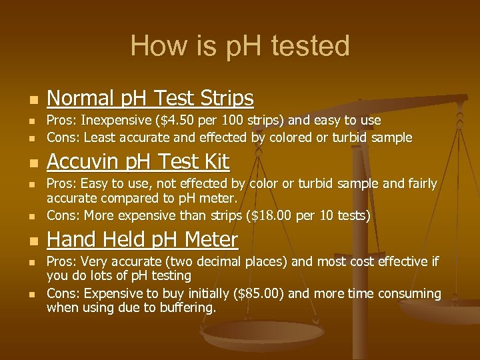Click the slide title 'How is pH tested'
coord(240,46)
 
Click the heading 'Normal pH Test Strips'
coord(150,99)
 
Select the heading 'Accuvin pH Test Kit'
coord(138,162)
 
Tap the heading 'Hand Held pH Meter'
coord(142,239)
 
